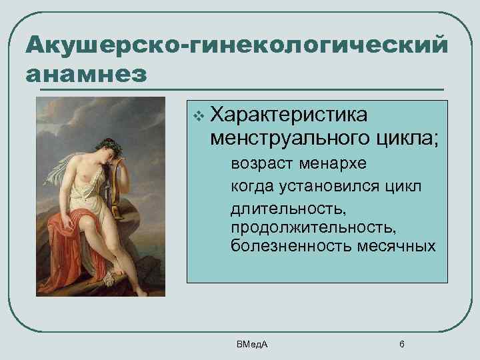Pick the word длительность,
(x=288, y=209)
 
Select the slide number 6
(x=401, y=344)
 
